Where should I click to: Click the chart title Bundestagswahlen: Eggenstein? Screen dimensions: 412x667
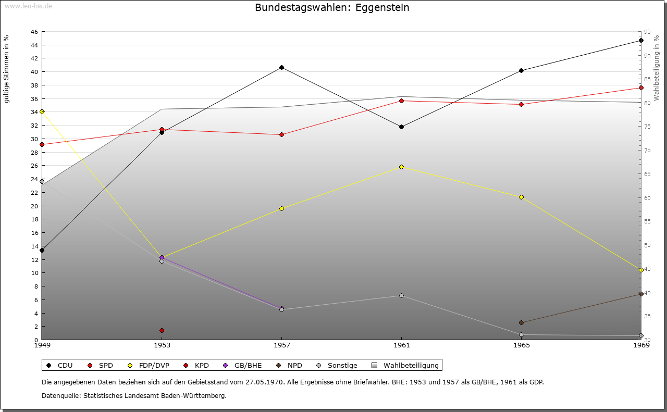[x=332, y=8]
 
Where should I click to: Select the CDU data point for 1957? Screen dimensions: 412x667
[x=281, y=67]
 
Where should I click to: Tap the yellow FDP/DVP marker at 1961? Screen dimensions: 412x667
[x=401, y=167]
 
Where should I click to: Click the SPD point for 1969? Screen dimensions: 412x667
[x=641, y=88]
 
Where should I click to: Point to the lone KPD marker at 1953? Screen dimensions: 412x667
[x=162, y=330]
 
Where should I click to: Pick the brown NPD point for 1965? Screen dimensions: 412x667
[x=521, y=322]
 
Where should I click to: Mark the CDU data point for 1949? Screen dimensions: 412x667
[x=42, y=250]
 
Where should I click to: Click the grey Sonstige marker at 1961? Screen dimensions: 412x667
[x=401, y=295]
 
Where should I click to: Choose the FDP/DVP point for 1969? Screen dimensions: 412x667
[x=641, y=270]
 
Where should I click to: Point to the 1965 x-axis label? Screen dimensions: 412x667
[x=521, y=345]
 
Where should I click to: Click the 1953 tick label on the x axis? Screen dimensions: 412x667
[x=162, y=345]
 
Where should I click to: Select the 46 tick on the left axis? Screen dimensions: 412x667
[x=34, y=32]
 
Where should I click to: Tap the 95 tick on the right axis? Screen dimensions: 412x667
[x=647, y=32]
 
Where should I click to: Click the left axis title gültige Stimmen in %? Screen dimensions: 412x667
[x=7, y=69]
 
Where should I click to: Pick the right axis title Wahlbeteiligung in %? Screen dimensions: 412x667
[x=656, y=68]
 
